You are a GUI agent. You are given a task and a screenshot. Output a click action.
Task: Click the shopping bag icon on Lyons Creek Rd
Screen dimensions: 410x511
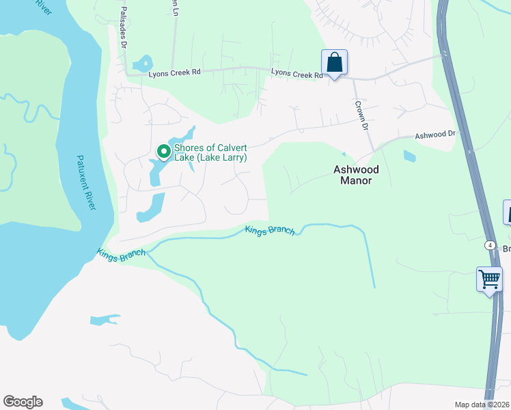click(334, 62)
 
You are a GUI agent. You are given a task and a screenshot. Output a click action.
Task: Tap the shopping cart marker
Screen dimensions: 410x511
click(489, 279)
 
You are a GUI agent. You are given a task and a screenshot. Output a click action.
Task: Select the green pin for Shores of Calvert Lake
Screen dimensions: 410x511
click(163, 151)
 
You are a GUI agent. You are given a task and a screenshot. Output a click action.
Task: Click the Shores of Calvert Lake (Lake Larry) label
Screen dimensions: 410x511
click(210, 152)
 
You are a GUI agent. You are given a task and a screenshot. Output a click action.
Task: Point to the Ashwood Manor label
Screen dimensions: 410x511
click(356, 175)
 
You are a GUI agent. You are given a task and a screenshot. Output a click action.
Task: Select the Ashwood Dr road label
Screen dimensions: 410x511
click(434, 135)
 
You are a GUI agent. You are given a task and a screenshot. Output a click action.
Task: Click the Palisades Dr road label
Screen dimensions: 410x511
click(124, 28)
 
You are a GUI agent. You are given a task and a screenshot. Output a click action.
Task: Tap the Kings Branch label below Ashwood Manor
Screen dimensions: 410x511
click(271, 230)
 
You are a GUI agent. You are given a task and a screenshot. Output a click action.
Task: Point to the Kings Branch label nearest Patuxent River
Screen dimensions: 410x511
click(121, 254)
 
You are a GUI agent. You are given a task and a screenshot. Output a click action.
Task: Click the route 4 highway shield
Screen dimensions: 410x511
click(490, 245)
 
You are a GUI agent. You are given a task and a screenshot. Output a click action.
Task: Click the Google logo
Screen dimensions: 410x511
click(23, 402)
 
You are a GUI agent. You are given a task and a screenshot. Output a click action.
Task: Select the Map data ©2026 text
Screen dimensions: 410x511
click(482, 405)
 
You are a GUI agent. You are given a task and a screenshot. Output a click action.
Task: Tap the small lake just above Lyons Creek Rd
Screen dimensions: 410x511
click(143, 64)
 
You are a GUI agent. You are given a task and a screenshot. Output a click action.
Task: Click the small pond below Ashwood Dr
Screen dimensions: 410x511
click(410, 156)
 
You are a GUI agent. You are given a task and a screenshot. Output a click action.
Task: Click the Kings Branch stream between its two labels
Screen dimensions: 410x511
click(198, 237)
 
